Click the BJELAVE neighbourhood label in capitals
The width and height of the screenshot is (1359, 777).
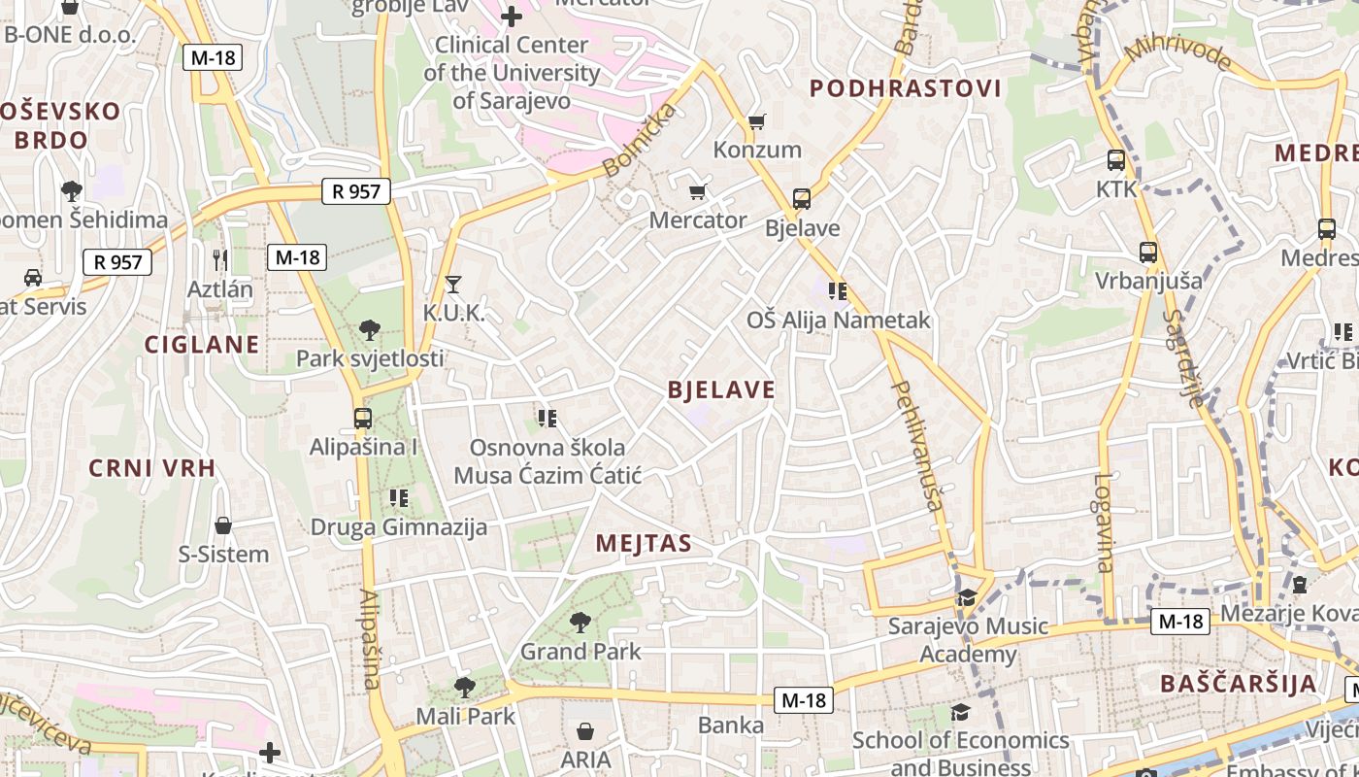coord(721,390)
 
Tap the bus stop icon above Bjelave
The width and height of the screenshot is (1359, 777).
coord(802,199)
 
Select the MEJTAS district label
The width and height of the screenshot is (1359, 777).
coord(644,543)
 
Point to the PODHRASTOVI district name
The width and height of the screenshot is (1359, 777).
coord(905,89)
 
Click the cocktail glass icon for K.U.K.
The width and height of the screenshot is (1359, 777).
coord(452,285)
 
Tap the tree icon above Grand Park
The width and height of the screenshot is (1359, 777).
coord(580,622)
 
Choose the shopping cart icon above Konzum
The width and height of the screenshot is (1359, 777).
coord(757,122)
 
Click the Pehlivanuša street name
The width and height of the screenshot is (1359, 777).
coord(917,446)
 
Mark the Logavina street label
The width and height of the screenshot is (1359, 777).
coord(1104,523)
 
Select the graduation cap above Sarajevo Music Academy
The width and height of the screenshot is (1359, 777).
coord(967,597)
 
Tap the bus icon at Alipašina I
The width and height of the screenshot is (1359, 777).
coord(362,419)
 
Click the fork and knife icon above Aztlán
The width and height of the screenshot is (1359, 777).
coord(220,259)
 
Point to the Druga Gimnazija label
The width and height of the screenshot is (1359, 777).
coord(398,527)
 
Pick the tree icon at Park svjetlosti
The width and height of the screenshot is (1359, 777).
coord(369,329)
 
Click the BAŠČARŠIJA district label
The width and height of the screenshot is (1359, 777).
coord(1239,683)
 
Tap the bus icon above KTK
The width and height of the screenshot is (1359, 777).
coord(1116,160)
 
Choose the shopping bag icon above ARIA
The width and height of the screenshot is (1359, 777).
coord(585,730)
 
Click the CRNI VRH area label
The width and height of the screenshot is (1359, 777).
coord(151,468)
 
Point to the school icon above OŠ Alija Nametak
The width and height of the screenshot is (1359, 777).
coord(838,290)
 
